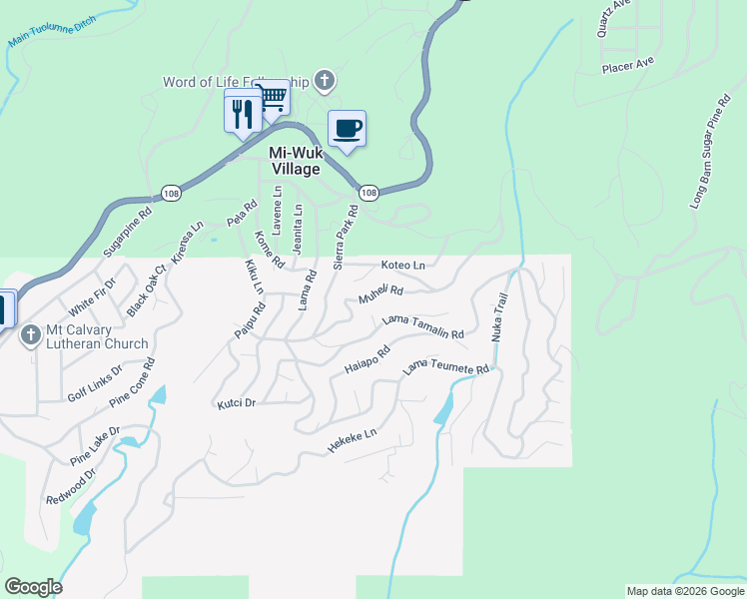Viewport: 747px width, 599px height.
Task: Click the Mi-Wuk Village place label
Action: pyautogui.click(x=295, y=161)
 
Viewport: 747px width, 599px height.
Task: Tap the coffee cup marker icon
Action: pyautogui.click(x=347, y=129)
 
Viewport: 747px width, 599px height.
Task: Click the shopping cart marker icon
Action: pyautogui.click(x=272, y=99)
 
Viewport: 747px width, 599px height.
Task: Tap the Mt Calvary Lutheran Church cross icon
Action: pyautogui.click(x=30, y=335)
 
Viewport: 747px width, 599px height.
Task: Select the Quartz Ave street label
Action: pyautogui.click(x=615, y=17)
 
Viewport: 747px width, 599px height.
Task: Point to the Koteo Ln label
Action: pyautogui.click(x=403, y=266)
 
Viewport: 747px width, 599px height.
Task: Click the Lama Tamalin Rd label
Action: pyautogui.click(x=423, y=327)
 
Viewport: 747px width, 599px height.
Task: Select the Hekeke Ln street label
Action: pyautogui.click(x=354, y=442)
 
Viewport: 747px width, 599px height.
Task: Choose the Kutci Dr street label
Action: pyautogui.click(x=237, y=404)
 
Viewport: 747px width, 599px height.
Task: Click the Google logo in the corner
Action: pyautogui.click(x=33, y=587)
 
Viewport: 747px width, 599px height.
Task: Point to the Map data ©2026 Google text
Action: pyautogui.click(x=685, y=591)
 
